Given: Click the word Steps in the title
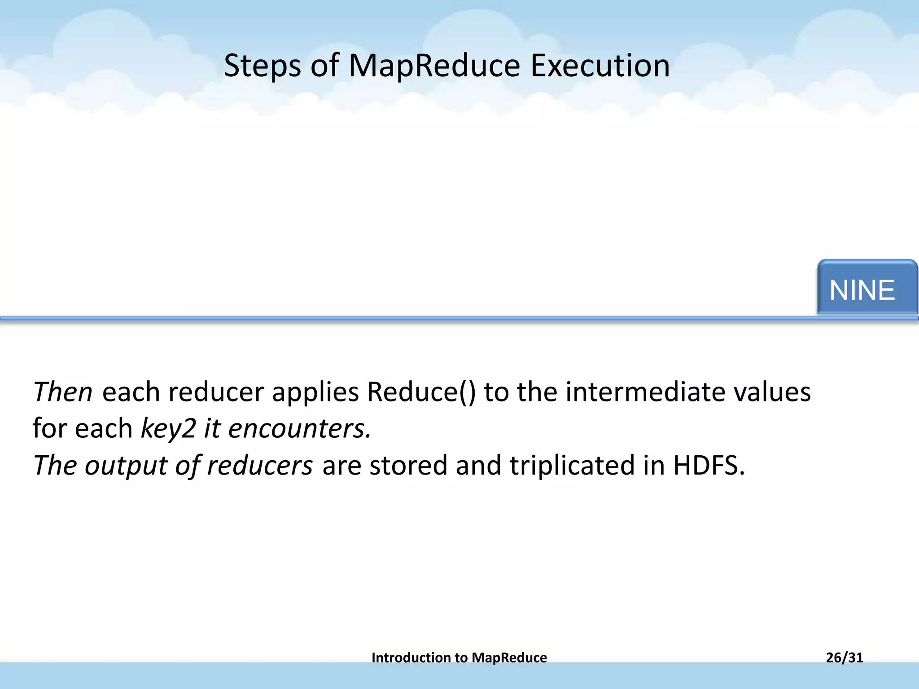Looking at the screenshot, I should point(262,66).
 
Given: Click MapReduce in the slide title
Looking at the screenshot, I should point(434,66).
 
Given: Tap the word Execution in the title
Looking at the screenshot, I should point(600,66).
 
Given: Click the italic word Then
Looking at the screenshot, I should point(62,392).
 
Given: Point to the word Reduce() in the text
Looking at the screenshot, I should point(421,392).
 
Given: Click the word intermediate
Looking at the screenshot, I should point(645,392).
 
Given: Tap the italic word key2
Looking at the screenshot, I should point(168,428).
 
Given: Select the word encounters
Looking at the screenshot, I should point(299,428).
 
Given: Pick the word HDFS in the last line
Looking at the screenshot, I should point(709,465).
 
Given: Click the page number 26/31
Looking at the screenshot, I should point(845,658).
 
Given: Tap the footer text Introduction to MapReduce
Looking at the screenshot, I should point(459,658).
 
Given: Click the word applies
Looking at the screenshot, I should point(315,392).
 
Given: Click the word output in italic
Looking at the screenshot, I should point(126,465).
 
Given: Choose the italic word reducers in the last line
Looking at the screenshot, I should point(260,465).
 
